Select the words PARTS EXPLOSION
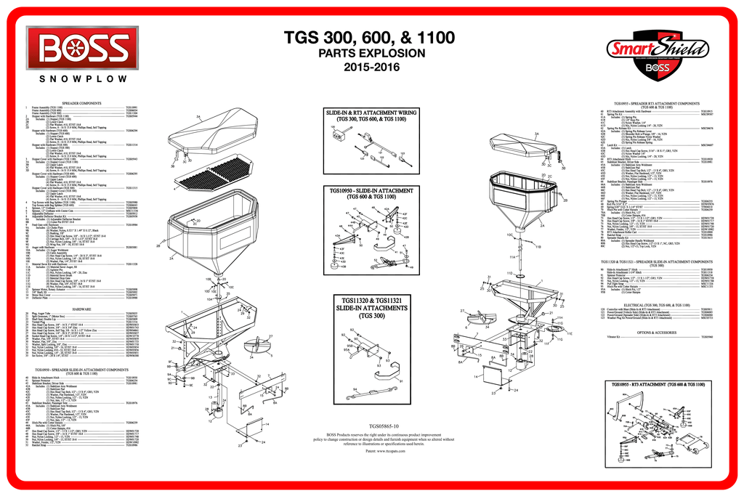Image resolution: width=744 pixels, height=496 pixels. coord(371,54)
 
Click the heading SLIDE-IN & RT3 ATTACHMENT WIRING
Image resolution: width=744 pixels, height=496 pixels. coord(371,113)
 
